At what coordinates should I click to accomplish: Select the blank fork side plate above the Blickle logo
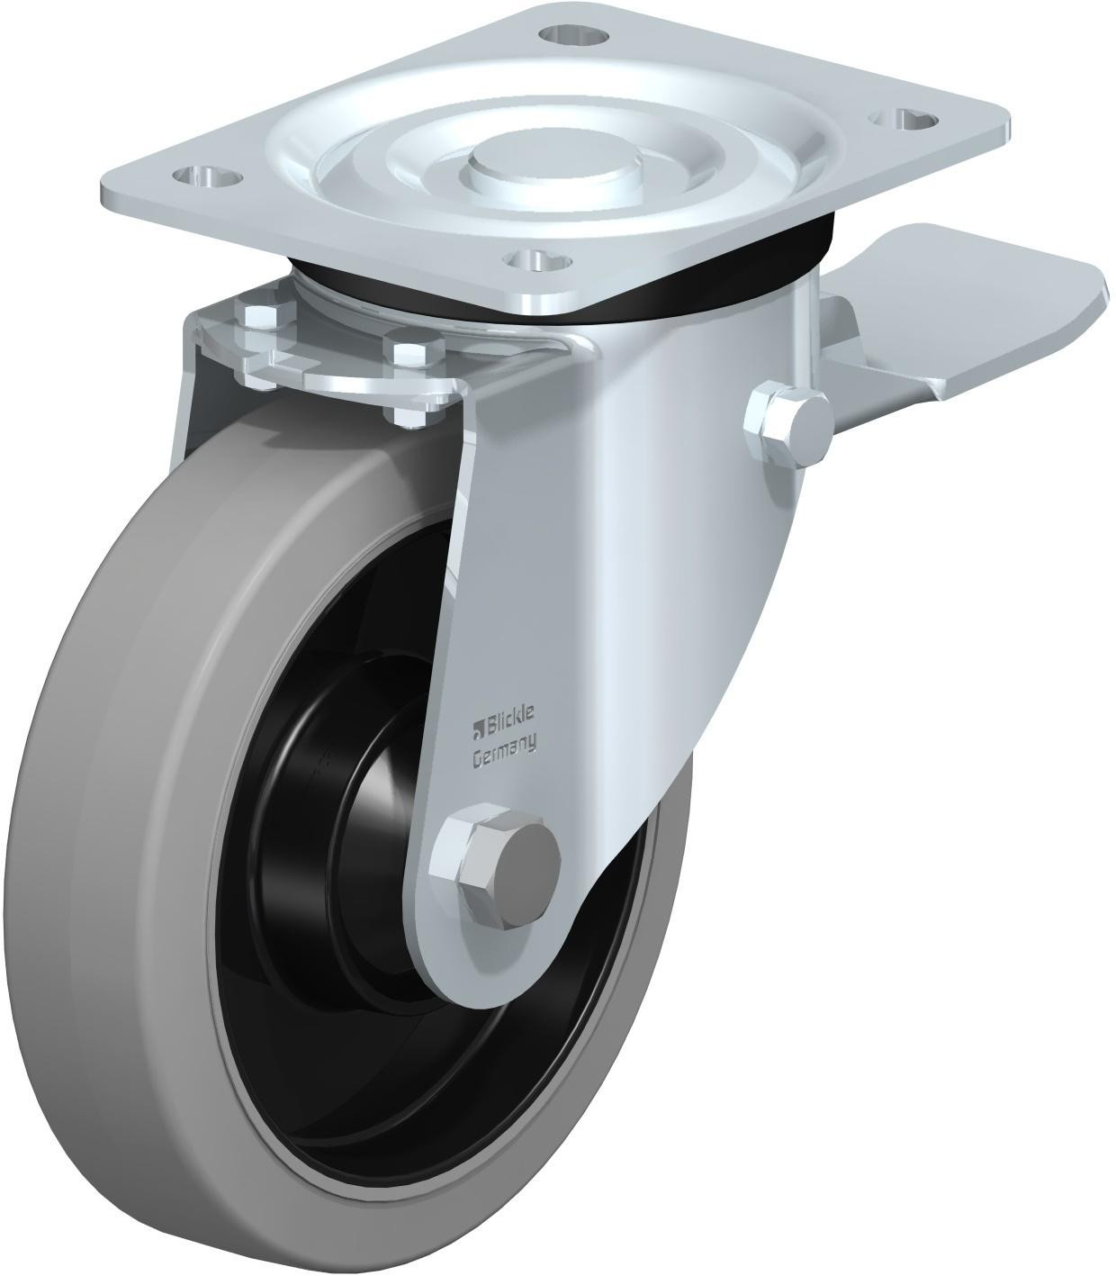pos(522,558)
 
